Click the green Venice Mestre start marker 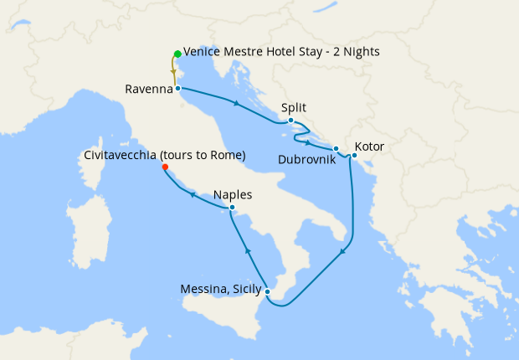(x=177, y=54)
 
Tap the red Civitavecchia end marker (x=165, y=167)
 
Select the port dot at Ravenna (x=177, y=87)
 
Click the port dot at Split (x=290, y=121)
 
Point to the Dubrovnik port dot (x=336, y=149)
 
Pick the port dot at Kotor (x=354, y=155)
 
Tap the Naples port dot (x=232, y=207)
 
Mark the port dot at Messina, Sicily (x=267, y=291)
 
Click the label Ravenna (x=148, y=88)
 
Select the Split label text (x=294, y=108)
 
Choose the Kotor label (x=369, y=147)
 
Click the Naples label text (x=233, y=194)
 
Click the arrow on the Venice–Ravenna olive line (x=173, y=72)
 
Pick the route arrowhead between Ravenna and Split (x=238, y=104)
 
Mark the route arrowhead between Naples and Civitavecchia (x=193, y=194)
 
